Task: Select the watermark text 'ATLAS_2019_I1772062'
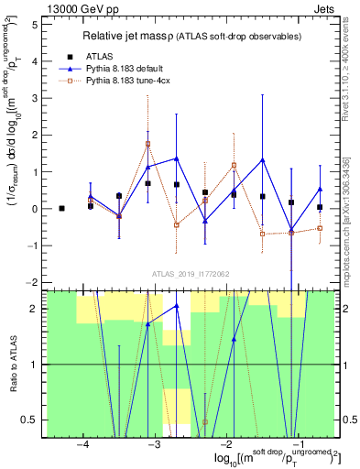point(189,274)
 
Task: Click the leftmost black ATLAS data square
point(61,208)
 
